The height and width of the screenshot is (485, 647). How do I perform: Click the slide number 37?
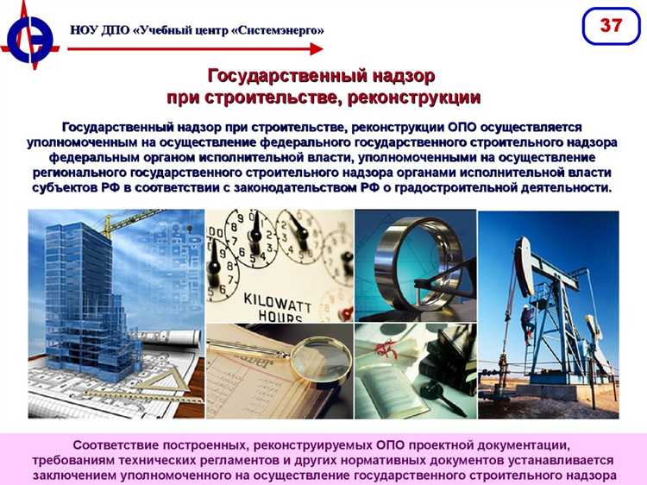coord(611,26)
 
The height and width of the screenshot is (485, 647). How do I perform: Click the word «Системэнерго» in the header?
coord(277,30)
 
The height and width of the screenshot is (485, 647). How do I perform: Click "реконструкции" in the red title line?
coord(414,97)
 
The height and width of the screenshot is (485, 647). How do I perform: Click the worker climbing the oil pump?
coord(525,324)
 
